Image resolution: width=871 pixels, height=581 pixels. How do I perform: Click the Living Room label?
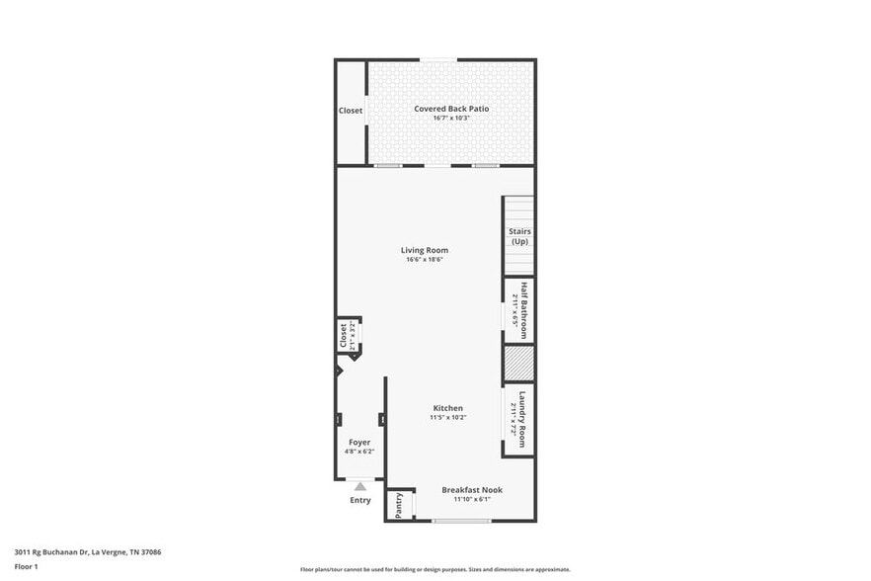[x=424, y=250]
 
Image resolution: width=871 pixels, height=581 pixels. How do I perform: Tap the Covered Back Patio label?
[x=451, y=109]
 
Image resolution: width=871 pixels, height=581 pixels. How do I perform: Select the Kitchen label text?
[x=447, y=408]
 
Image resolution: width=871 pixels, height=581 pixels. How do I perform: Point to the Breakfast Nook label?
[x=472, y=490]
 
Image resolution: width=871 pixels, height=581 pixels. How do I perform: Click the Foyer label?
[x=359, y=442]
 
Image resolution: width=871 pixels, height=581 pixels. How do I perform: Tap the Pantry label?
[x=399, y=505]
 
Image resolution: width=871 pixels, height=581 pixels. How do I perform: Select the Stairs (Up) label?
[x=519, y=236]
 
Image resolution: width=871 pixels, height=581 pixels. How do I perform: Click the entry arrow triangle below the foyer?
[x=360, y=486]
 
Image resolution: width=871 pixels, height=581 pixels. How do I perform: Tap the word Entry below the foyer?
[x=360, y=500]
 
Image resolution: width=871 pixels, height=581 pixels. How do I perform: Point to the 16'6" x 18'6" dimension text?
[x=424, y=260]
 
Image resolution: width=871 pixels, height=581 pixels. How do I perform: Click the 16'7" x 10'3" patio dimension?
[x=451, y=119]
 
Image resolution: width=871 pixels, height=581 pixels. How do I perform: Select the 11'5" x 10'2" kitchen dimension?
[x=447, y=418]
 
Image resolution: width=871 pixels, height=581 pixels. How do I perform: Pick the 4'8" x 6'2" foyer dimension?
[x=359, y=452]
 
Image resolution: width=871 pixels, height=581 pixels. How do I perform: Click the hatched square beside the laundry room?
[x=518, y=363]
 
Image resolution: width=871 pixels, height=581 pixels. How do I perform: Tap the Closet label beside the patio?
[x=351, y=111]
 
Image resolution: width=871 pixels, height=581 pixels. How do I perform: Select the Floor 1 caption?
[x=26, y=566]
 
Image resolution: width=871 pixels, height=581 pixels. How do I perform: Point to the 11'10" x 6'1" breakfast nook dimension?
[x=472, y=499]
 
